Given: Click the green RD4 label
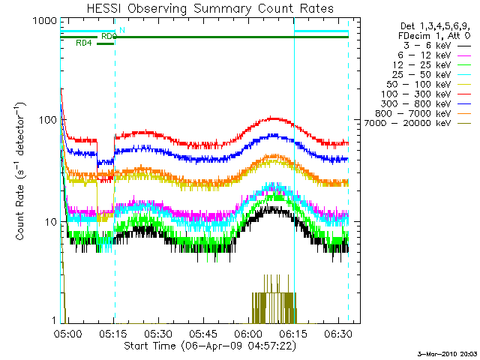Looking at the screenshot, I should coord(84,43).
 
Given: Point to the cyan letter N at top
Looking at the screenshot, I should coord(122,29).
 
